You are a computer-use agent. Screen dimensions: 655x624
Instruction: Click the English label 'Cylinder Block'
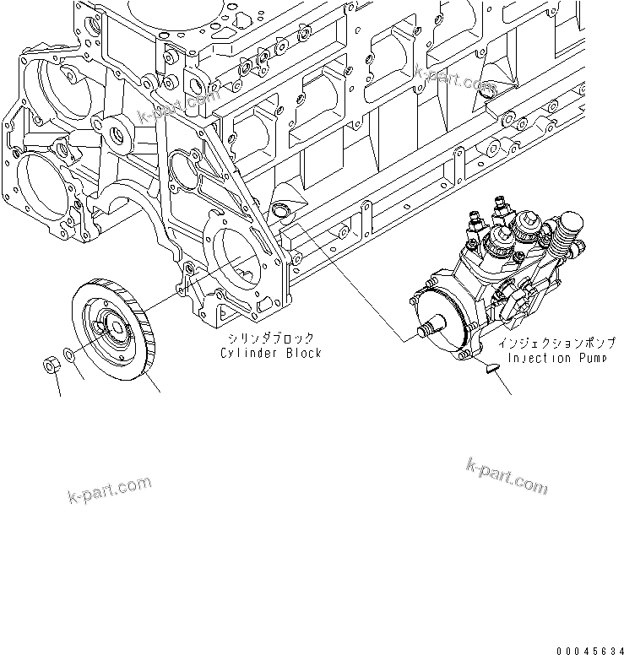tap(270, 353)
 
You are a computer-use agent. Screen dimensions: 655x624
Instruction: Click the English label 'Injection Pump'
tap(551, 359)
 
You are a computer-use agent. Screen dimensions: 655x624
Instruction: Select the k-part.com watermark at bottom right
tap(507, 474)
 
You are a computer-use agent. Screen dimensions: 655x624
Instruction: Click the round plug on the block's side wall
tap(282, 209)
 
